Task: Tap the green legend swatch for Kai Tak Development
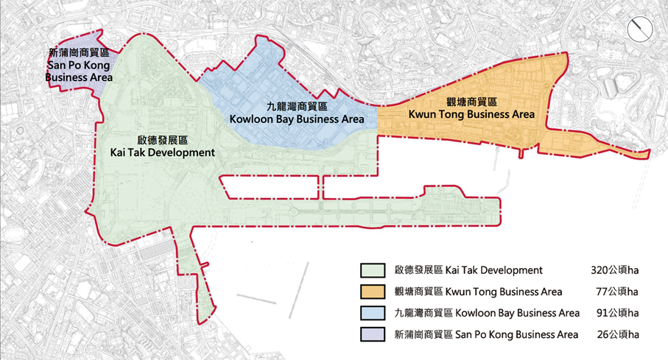click(374, 270)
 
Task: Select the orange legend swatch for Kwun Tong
click(374, 292)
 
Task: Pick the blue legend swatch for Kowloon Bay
click(374, 313)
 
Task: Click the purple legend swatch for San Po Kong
click(374, 334)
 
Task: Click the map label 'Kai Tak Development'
click(161, 152)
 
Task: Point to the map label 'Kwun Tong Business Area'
click(471, 114)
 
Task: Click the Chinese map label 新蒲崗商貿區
click(78, 53)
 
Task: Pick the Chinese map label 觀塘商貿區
click(471, 102)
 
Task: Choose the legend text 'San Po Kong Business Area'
click(512, 334)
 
